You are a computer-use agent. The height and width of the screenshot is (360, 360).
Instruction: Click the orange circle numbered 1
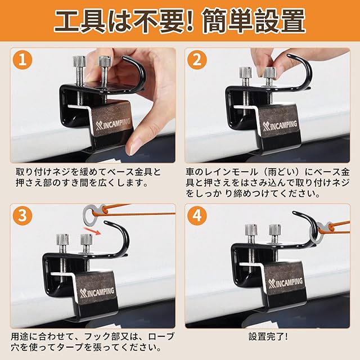point(22,60)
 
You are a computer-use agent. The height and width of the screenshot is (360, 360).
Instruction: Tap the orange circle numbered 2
point(197,60)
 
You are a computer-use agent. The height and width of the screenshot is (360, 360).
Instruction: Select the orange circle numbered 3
point(22,216)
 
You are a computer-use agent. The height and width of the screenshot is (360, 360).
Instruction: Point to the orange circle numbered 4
point(197,216)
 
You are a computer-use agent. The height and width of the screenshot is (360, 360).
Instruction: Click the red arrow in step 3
point(92,231)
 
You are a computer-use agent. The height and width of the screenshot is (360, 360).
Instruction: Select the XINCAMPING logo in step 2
point(280,127)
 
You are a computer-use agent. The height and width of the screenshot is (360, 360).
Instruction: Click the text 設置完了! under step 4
point(268,337)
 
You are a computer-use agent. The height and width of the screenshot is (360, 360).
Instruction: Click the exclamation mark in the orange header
point(189,21)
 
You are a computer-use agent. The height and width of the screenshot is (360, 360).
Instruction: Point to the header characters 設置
point(280,21)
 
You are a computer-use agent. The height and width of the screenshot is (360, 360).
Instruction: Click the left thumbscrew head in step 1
point(79,61)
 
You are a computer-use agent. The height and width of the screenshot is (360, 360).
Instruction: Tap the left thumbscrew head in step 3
point(62,240)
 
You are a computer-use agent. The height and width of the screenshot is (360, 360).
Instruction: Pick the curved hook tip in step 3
point(106,222)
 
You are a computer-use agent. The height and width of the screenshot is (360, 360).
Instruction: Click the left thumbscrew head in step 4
point(251,230)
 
